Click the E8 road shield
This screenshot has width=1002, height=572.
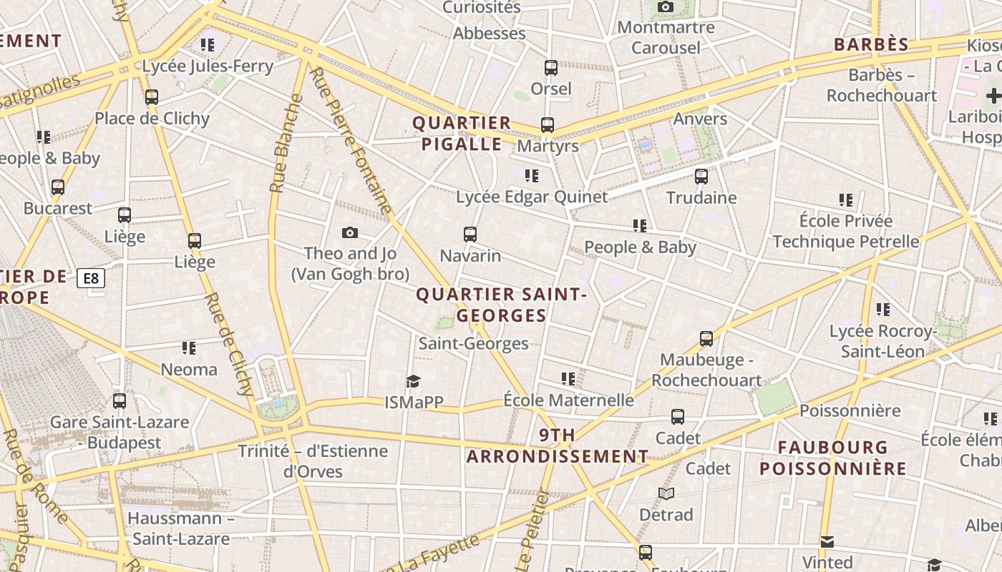coord(91,278)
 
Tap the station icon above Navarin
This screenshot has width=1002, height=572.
coord(470,234)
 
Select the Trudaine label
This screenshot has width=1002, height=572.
coord(701,197)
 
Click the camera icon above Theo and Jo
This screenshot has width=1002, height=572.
coord(350,232)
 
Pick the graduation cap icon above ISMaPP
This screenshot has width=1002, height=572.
coord(413,381)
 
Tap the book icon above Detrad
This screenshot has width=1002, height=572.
coord(666,493)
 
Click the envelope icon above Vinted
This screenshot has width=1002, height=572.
coord(827,541)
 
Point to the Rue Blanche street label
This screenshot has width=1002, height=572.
coord(285,144)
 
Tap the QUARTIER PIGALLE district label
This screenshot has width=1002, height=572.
coord(462,133)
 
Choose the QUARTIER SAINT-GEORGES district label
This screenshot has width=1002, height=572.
coord(501,305)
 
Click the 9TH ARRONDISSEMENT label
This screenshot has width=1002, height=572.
coord(557,445)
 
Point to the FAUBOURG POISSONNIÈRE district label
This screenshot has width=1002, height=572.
coord(832,458)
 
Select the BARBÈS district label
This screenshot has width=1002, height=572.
coord(871,44)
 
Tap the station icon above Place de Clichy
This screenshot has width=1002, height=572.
coord(152,97)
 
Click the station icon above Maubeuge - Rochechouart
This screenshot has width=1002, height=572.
coord(706,339)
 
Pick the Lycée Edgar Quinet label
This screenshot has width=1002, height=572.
coord(532,197)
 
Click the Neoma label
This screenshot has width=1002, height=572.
coord(189,370)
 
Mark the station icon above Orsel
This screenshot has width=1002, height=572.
coord(551,68)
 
